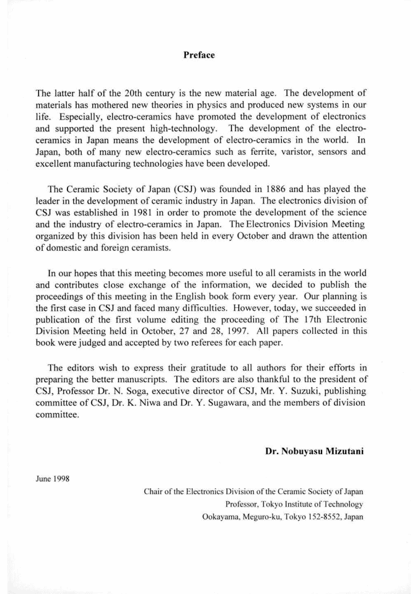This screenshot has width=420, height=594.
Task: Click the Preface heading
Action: pyautogui.click(x=199, y=55)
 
